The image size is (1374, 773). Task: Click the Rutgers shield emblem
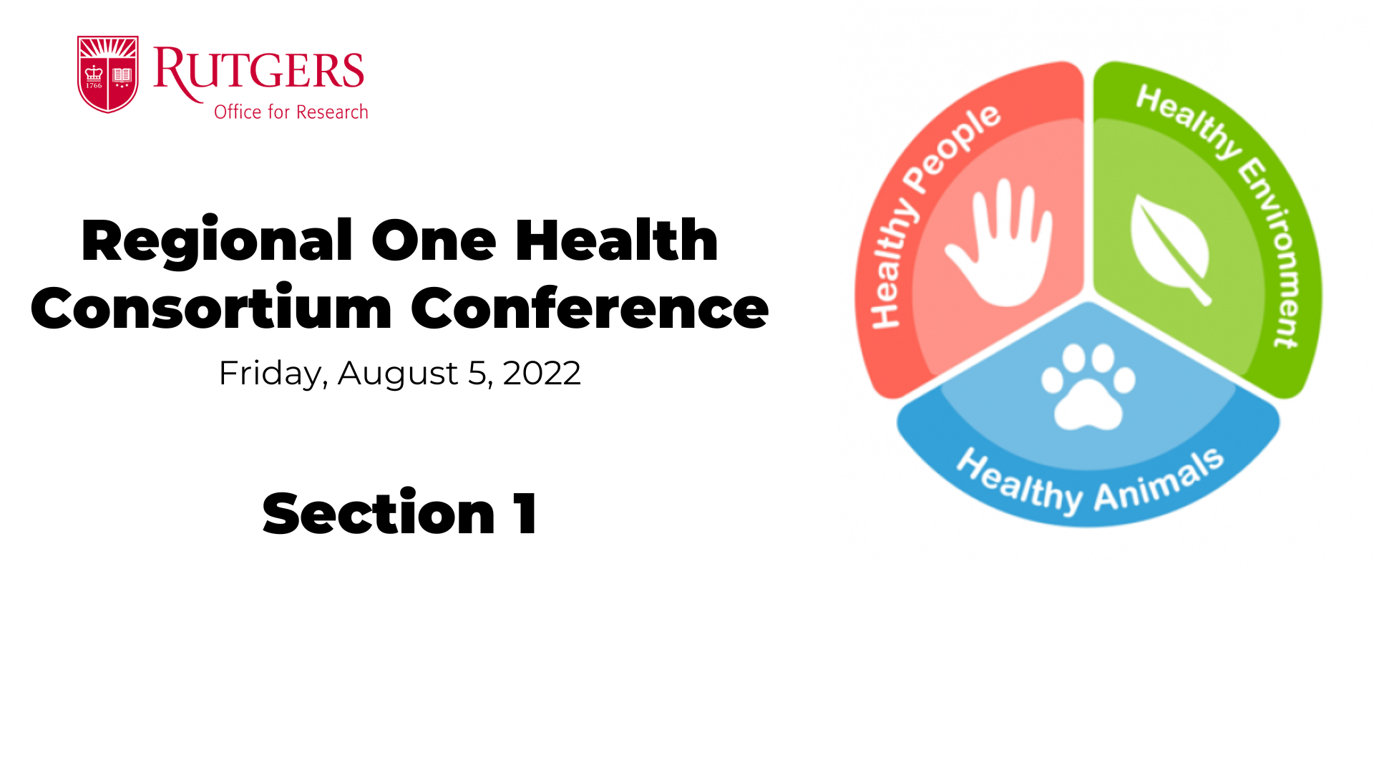107,74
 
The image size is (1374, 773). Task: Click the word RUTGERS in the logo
259,72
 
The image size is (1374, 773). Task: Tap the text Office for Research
291,112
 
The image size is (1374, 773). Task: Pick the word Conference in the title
590,308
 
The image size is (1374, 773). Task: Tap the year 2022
542,373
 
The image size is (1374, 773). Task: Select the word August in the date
397,374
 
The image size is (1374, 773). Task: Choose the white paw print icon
1088,386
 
